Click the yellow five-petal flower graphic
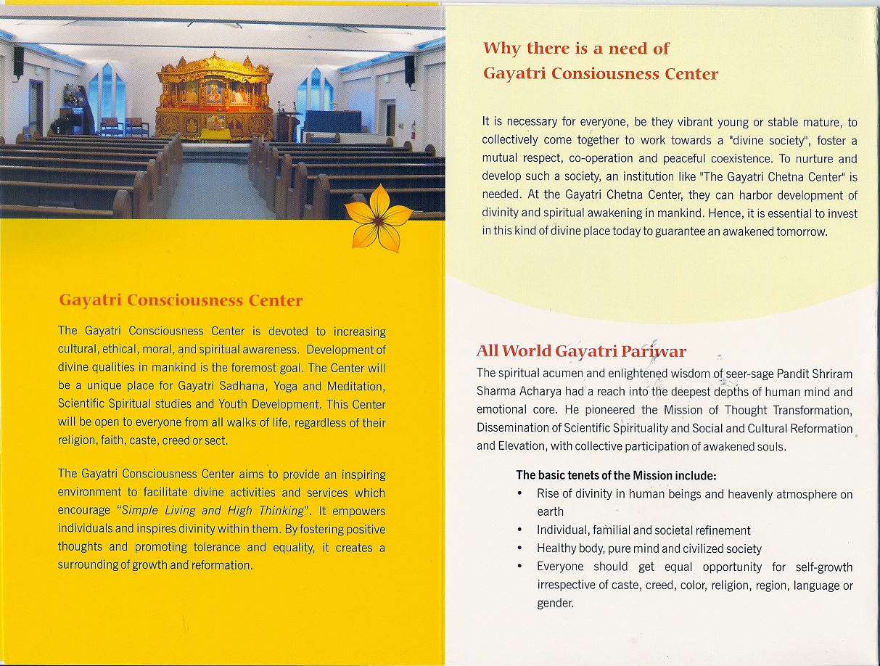(x=378, y=217)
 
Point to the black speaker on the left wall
(x=18, y=62)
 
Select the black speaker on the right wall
(x=409, y=70)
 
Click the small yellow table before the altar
(x=215, y=135)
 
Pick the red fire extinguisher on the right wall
(x=413, y=131)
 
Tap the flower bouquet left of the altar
(x=71, y=94)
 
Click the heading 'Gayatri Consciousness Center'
(x=181, y=300)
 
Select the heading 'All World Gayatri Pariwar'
(x=580, y=352)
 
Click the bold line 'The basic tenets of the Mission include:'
(x=616, y=476)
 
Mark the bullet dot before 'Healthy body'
(x=520, y=548)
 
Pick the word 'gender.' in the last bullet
(x=555, y=603)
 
